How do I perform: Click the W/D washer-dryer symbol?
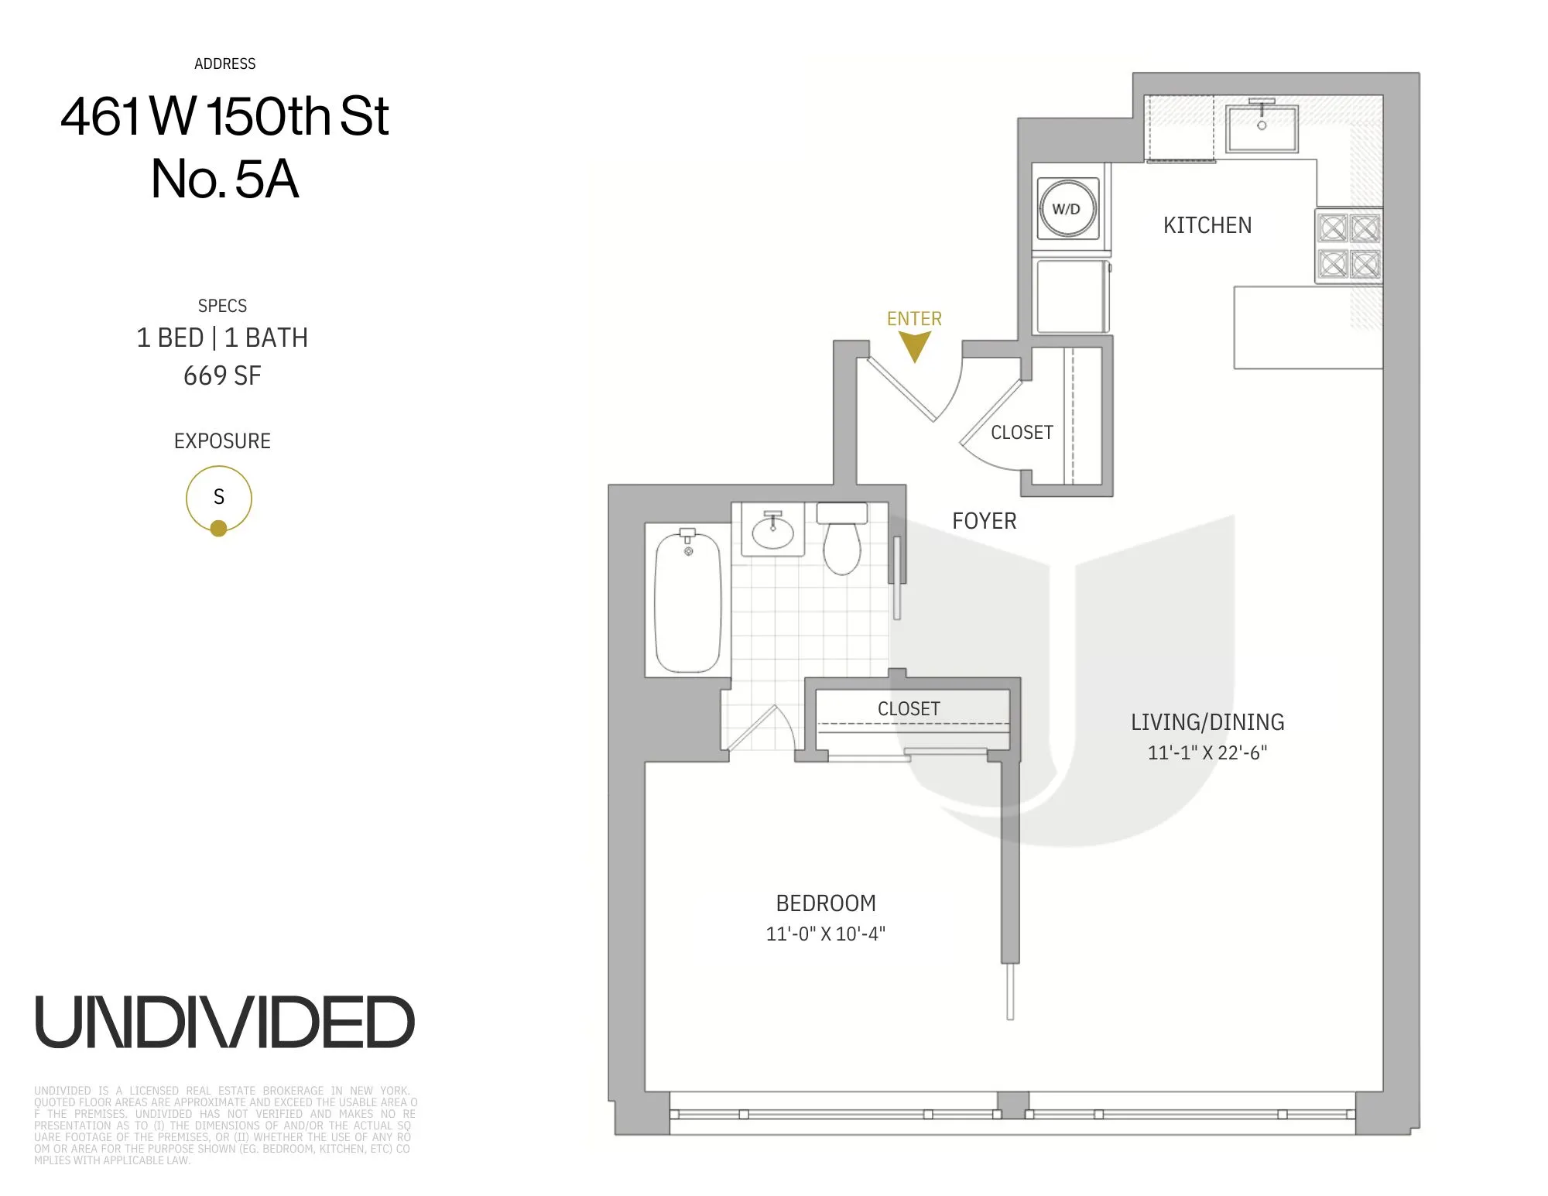[1067, 209]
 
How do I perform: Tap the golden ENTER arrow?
[914, 346]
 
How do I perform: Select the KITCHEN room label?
[1207, 225]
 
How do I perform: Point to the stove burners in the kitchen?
[1349, 247]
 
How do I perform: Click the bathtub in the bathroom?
[688, 602]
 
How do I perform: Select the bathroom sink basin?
[772, 533]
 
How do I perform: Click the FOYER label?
[984, 521]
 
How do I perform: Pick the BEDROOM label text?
[826, 903]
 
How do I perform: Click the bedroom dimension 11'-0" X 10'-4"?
[825, 934]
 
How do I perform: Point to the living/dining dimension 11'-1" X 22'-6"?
[1207, 752]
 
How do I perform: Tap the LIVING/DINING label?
[1207, 722]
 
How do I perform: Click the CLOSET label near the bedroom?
[909, 709]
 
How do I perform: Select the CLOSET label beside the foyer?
[1022, 433]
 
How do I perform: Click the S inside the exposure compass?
[219, 497]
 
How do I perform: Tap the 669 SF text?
[222, 376]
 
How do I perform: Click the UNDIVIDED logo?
[224, 1023]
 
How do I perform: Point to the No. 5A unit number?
[224, 180]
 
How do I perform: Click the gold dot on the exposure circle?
[218, 529]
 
